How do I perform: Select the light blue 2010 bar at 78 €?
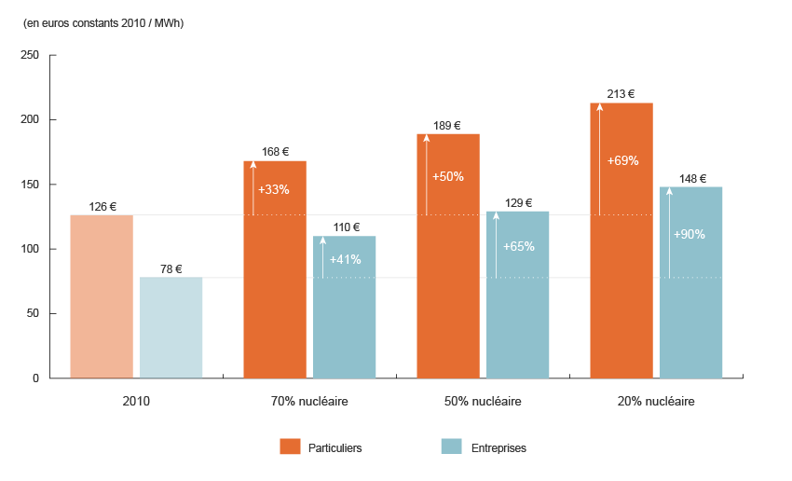[171, 327]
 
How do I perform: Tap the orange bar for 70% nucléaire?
[275, 269]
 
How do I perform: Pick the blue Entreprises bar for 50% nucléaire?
[517, 295]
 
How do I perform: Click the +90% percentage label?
[690, 235]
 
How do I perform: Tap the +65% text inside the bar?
[517, 247]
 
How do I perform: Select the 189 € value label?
[447, 126]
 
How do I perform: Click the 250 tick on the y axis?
[29, 56]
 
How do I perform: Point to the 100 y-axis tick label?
[29, 249]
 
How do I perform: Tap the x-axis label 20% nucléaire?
[656, 402]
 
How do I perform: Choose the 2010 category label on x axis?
[136, 402]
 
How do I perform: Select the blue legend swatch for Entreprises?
[452, 447]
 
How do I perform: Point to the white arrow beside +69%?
[599, 159]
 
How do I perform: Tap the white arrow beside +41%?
[322, 257]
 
